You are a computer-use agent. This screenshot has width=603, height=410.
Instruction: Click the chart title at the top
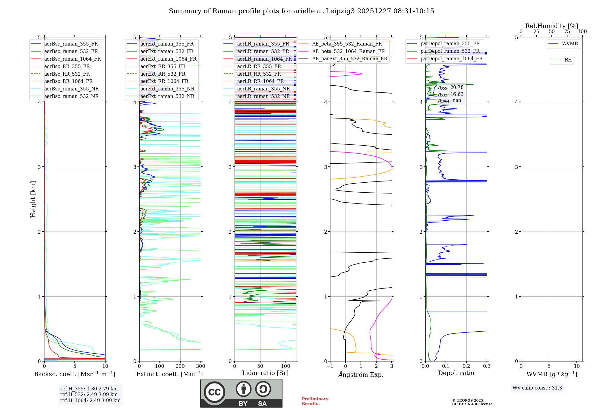(x=301, y=11)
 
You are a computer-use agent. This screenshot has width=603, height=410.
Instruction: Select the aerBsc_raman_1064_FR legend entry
(x=72, y=59)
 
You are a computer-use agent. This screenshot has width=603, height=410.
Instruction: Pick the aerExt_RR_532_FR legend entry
(x=163, y=74)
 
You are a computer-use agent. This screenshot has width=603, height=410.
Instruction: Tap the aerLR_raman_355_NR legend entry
(x=263, y=89)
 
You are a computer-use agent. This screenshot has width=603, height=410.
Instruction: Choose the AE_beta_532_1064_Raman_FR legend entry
(x=348, y=51)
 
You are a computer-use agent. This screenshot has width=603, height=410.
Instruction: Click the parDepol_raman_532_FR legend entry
(x=450, y=51)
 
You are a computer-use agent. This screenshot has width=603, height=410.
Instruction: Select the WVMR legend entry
(x=570, y=44)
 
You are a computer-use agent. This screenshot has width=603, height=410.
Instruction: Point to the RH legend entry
(x=568, y=60)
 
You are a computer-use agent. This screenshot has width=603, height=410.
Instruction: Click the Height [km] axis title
(x=33, y=199)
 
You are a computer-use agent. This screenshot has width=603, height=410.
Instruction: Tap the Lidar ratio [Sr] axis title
(x=265, y=373)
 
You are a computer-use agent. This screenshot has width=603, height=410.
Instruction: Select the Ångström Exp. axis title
(x=361, y=374)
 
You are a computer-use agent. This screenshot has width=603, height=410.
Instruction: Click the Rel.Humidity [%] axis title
(x=551, y=26)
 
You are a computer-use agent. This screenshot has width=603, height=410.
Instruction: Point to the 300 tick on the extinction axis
(x=200, y=366)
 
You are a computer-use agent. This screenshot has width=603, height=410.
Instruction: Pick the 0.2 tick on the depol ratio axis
(x=466, y=366)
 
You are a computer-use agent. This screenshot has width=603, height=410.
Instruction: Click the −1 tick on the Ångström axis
(x=330, y=366)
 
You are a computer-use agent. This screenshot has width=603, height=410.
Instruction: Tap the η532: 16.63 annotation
(x=451, y=94)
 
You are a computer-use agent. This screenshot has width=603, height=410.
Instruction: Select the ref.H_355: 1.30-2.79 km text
(x=89, y=389)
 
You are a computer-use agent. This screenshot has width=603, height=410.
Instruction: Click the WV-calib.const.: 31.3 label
(x=537, y=388)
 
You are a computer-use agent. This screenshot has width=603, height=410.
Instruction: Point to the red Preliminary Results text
(x=315, y=401)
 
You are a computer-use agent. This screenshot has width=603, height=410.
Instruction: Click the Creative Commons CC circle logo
(x=214, y=392)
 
